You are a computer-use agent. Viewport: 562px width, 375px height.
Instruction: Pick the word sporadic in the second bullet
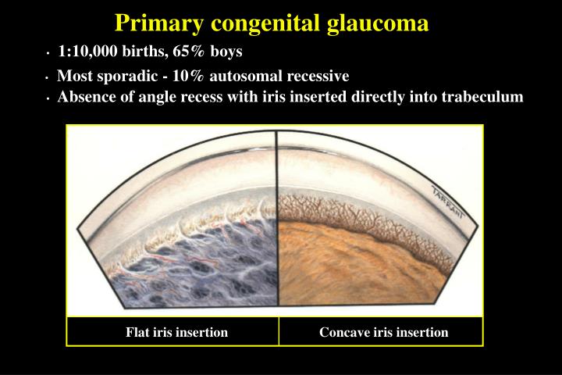click(x=124, y=77)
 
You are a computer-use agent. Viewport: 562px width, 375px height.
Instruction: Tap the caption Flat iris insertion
click(x=177, y=332)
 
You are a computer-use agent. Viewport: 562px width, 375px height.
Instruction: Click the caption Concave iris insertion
click(x=383, y=332)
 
